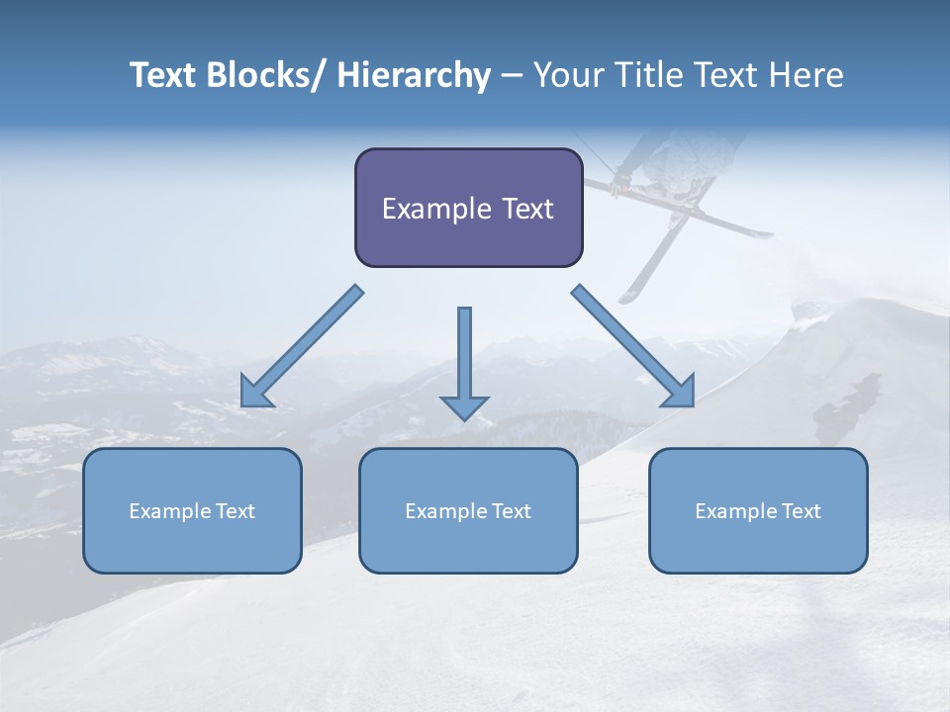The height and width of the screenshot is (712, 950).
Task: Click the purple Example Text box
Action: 468,208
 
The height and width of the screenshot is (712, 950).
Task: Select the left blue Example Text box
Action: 192,510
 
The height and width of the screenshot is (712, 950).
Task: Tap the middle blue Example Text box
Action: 468,510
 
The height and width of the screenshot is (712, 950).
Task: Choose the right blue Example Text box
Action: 758,510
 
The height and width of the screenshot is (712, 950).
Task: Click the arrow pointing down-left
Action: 302,346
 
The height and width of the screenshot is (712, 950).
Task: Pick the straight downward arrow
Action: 464,362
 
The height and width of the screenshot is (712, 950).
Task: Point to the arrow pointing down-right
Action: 633,346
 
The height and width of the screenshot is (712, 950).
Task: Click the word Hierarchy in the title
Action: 414,75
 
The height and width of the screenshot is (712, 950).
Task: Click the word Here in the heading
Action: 809,75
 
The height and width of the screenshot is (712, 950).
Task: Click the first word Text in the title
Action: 164,75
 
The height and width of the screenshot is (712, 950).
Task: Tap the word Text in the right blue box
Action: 801,511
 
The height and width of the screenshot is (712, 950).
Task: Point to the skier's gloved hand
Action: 620,184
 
